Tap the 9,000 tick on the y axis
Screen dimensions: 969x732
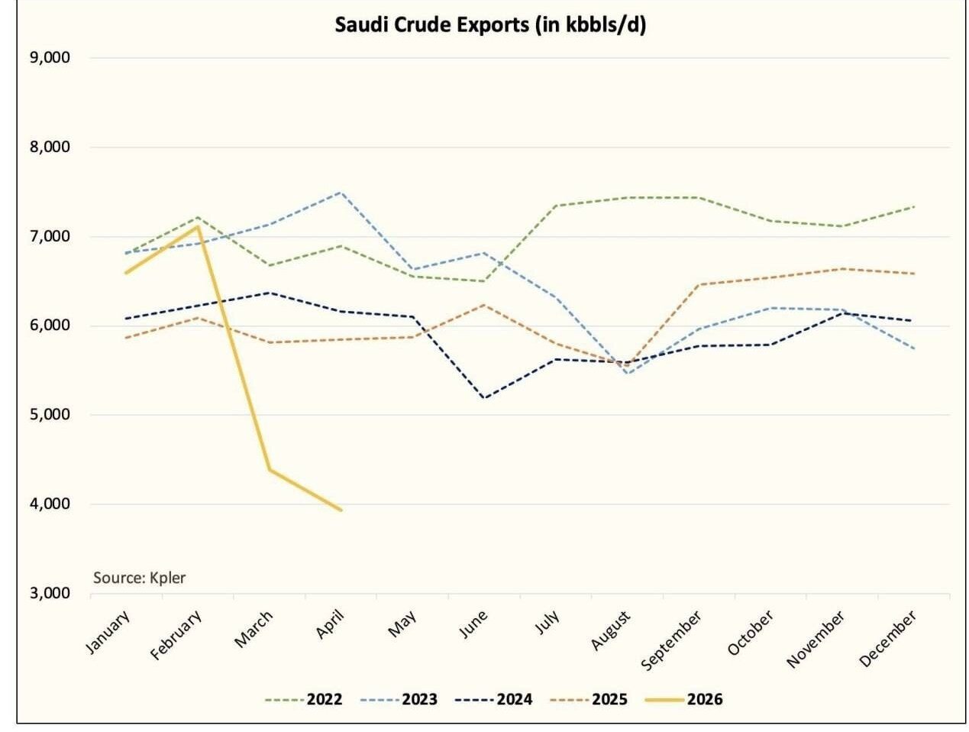point(50,57)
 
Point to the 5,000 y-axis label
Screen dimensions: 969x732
point(50,414)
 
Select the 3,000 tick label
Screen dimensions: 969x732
point(50,593)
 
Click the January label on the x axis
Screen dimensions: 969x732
point(108,632)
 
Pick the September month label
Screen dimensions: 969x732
point(670,640)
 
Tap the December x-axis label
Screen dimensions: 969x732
point(888,637)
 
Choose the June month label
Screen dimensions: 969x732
point(473,624)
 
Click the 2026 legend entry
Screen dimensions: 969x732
point(684,699)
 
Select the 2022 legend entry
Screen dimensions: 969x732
point(304,699)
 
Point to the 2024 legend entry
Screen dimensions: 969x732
point(493,699)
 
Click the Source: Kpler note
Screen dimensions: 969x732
point(139,578)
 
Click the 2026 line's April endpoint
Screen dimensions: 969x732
point(341,510)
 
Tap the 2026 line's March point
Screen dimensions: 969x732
point(270,470)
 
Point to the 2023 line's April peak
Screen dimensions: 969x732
point(340,192)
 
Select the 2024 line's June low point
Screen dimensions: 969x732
point(484,397)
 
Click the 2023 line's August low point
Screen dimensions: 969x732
point(628,374)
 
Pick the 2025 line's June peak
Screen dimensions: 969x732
point(484,304)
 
